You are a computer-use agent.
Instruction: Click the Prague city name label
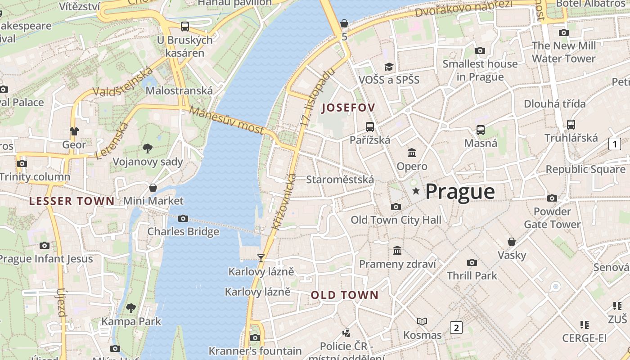pyautogui.click(x=460, y=192)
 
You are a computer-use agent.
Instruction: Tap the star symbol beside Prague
pyautogui.click(x=416, y=191)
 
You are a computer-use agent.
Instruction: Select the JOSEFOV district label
pyautogui.click(x=348, y=108)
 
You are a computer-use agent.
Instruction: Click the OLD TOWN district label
pyautogui.click(x=345, y=295)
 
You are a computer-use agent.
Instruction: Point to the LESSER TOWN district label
pyautogui.click(x=72, y=201)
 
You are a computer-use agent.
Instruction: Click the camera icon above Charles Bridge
pyautogui.click(x=183, y=218)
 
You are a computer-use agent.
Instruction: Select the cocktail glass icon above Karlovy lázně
pyautogui.click(x=261, y=258)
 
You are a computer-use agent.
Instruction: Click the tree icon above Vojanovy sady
pyautogui.click(x=147, y=148)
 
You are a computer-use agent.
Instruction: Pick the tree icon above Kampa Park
pyautogui.click(x=131, y=308)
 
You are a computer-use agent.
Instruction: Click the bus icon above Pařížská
pyautogui.click(x=370, y=126)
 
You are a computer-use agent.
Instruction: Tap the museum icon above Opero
pyautogui.click(x=412, y=153)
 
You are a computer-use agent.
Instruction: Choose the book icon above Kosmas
pyautogui.click(x=422, y=321)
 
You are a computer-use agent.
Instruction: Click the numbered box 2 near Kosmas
pyautogui.click(x=456, y=327)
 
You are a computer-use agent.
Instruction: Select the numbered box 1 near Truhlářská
pyautogui.click(x=614, y=144)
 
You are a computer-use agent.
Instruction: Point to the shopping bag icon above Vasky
pyautogui.click(x=511, y=242)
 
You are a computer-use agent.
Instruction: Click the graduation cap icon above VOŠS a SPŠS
pyautogui.click(x=389, y=67)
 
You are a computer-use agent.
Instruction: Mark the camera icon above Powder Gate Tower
pyautogui.click(x=552, y=198)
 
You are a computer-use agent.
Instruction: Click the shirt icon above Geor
pyautogui.click(x=74, y=131)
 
